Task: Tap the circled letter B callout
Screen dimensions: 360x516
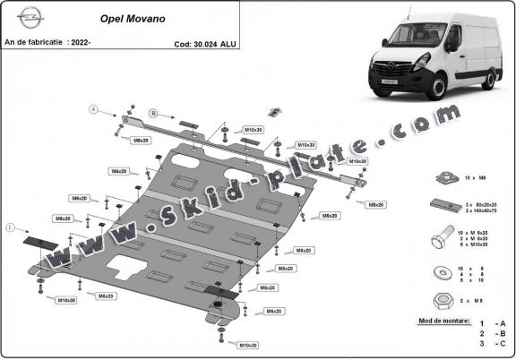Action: tap(153, 114)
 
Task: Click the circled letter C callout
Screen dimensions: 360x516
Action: tap(10, 229)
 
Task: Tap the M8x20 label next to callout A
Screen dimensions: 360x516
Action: tap(142, 141)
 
